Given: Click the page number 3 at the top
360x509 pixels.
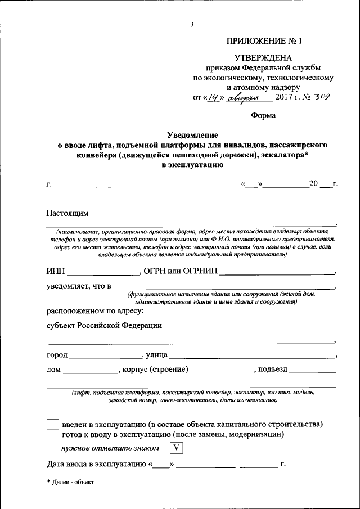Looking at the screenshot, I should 192,24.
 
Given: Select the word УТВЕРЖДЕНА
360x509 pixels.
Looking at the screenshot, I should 263,58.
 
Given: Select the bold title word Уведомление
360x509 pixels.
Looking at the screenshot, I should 192,135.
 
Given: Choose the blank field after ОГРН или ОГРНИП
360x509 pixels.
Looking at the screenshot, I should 276,272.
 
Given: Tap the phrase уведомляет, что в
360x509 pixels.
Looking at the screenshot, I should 78,286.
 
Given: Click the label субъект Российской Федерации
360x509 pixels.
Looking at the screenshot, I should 104,325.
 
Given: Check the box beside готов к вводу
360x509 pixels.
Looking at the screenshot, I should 52,435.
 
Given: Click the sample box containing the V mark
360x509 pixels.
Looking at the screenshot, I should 177,448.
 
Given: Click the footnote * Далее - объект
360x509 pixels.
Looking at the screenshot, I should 71,482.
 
